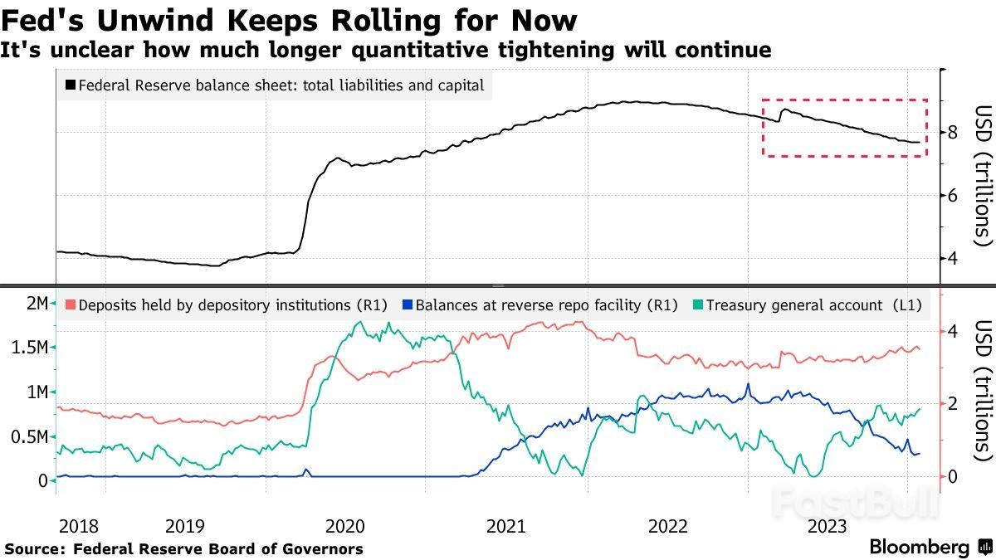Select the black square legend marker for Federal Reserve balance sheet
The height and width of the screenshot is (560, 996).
(x=70, y=85)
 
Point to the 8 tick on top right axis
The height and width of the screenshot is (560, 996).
(x=953, y=132)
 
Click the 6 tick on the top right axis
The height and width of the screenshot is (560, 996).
(x=953, y=195)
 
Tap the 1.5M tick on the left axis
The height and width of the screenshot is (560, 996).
(x=30, y=348)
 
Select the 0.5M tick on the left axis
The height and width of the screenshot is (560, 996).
(x=30, y=436)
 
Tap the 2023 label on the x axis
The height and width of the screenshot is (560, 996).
(x=827, y=526)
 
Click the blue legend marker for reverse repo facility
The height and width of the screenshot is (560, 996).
(x=406, y=304)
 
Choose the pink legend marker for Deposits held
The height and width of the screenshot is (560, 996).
(x=70, y=304)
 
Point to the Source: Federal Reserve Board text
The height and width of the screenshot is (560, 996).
(x=183, y=548)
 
